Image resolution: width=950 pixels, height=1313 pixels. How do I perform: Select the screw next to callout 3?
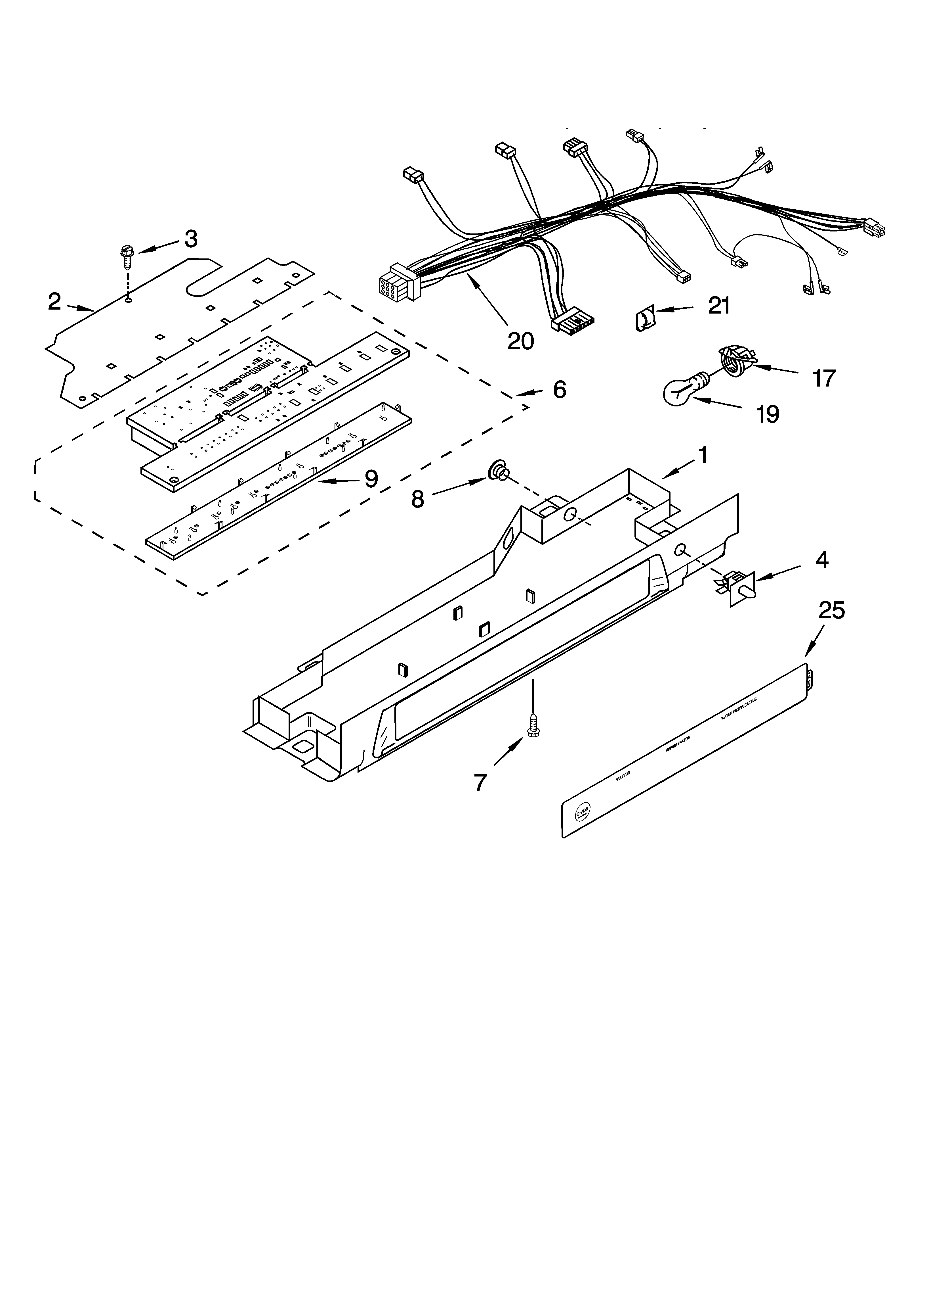pos(126,256)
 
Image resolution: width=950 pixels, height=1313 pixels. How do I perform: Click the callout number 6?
pos(559,390)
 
